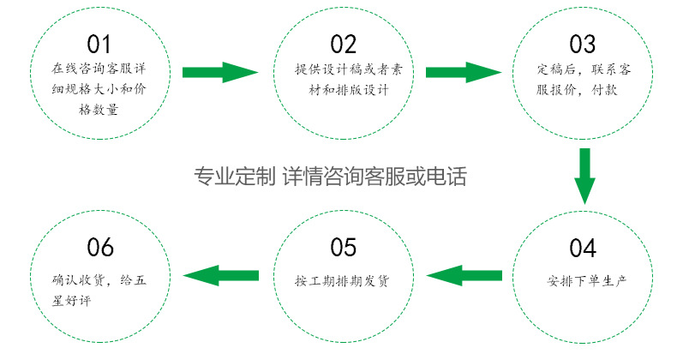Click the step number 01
[x=99, y=43]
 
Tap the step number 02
[x=343, y=43]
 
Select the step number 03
[x=582, y=43]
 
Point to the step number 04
[x=582, y=249]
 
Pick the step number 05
[x=343, y=249]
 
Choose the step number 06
[x=100, y=249]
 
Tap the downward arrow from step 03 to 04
[x=584, y=177]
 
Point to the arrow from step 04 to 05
[x=463, y=275]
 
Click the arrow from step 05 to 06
[x=221, y=275]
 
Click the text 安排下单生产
[x=583, y=280]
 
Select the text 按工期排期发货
[x=342, y=280]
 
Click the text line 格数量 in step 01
[x=99, y=110]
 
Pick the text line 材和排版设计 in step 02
[x=343, y=89]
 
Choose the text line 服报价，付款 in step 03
[x=583, y=89]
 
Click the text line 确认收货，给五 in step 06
[x=100, y=280]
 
